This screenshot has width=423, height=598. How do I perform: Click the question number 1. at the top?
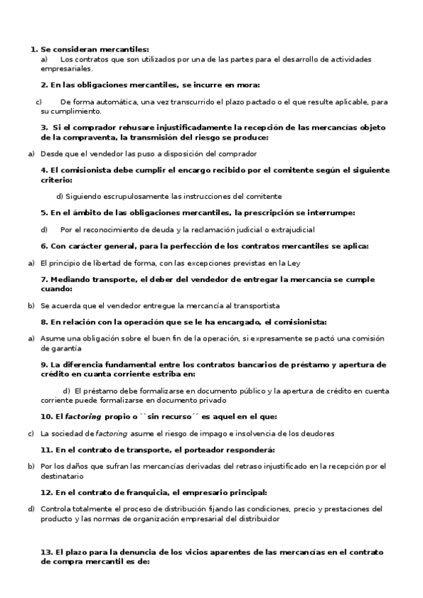coord(35,49)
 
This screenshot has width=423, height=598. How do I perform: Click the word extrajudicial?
coord(290,229)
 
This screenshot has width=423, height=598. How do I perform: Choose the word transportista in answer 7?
coord(256,305)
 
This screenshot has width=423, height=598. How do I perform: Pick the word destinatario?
coord(66,476)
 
